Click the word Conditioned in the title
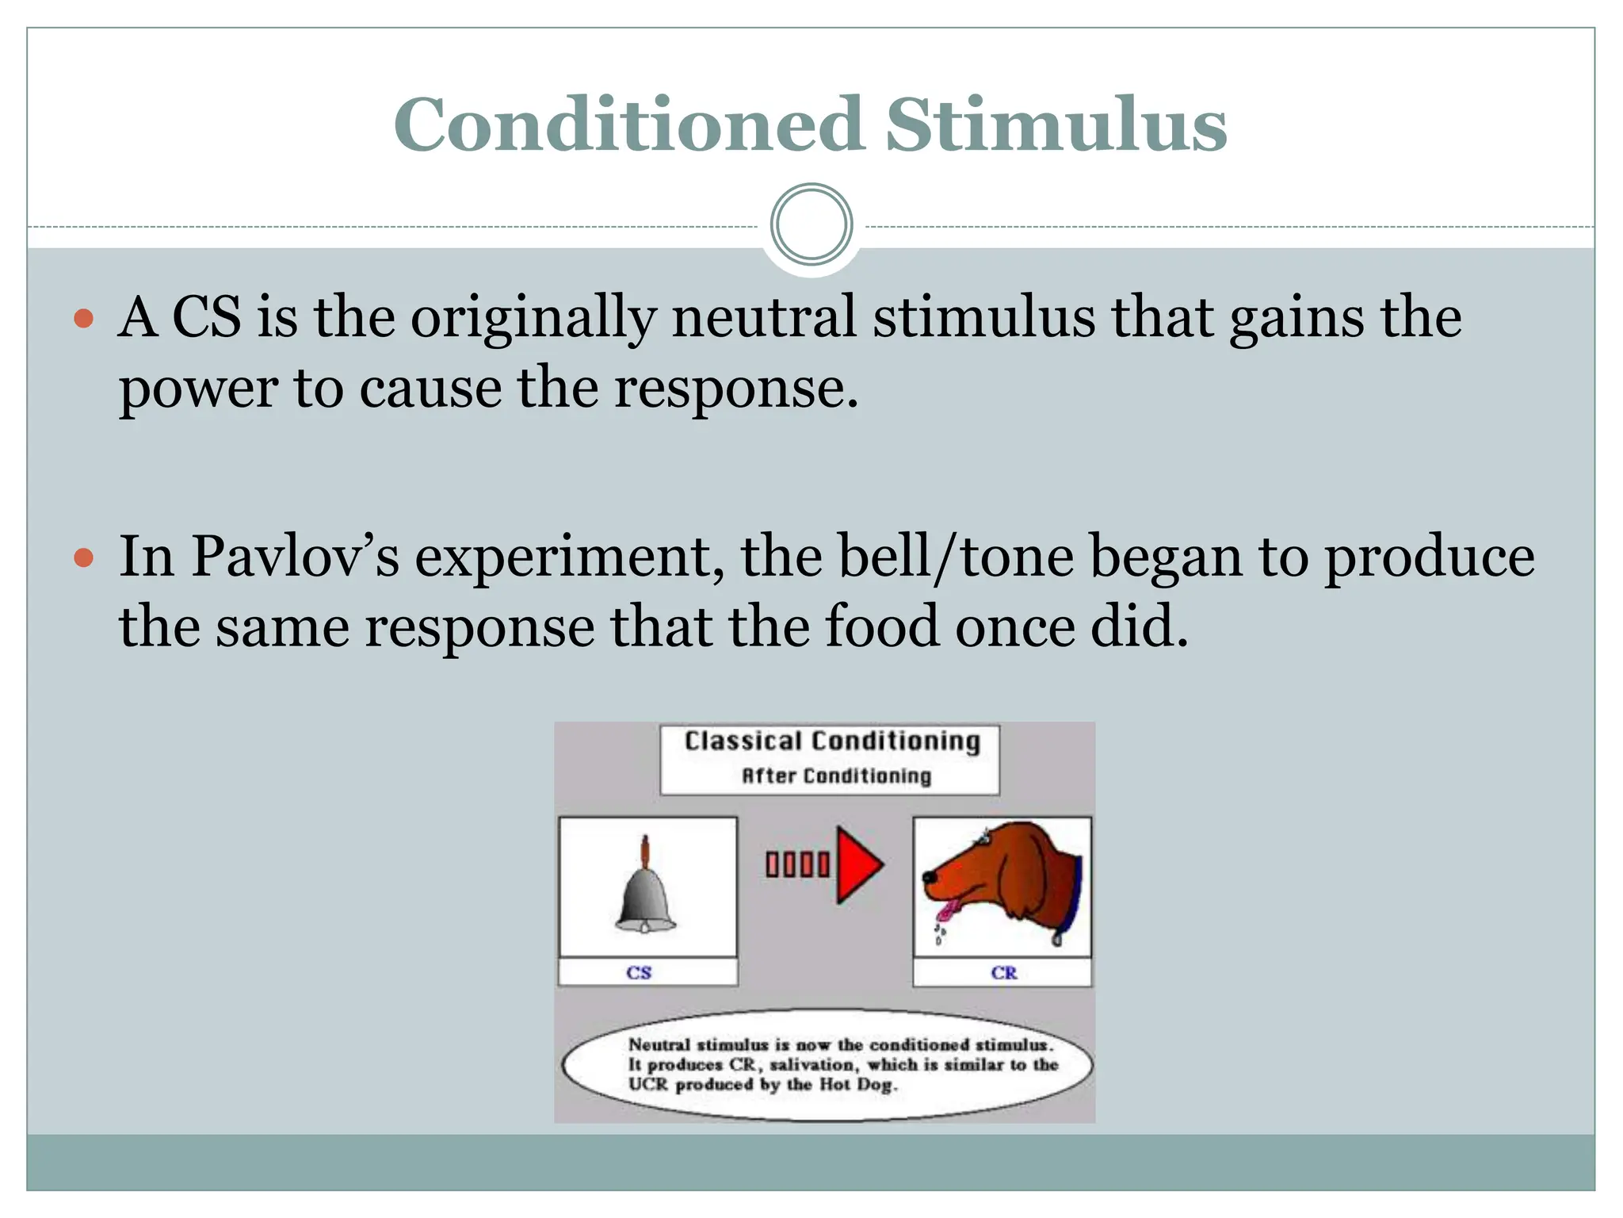pos(628,124)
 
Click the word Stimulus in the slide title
pos(1056,124)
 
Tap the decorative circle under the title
pos(811,224)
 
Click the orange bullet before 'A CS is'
pos(83,320)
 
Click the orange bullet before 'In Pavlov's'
pos(83,558)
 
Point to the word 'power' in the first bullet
pos(198,389)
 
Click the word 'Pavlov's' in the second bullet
pos(295,557)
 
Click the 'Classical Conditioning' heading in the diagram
pos(831,741)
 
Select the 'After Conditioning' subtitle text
pos(835,776)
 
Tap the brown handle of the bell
pos(646,852)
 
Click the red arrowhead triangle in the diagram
pos(857,864)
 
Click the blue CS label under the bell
pos(639,973)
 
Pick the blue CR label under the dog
pos(1003,973)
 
